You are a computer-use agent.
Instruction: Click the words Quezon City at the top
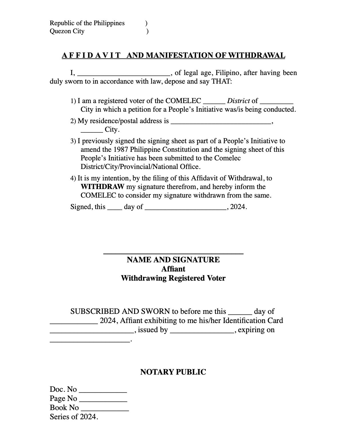[67, 31]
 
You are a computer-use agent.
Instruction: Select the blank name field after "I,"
[124, 74]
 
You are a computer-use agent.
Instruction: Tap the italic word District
[238, 101]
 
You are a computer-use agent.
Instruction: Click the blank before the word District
[214, 103]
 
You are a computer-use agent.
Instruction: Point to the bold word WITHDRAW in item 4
[102, 187]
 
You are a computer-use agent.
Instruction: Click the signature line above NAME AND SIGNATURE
[173, 253]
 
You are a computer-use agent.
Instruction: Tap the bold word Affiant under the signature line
[173, 269]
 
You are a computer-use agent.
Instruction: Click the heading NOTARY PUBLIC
[173, 372]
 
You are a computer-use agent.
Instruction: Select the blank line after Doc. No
[103, 391]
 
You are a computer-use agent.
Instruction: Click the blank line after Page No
[103, 400]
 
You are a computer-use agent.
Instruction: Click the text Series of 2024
[74, 417]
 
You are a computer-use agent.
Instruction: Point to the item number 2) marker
[73, 121]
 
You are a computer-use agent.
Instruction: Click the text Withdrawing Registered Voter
[173, 278]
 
